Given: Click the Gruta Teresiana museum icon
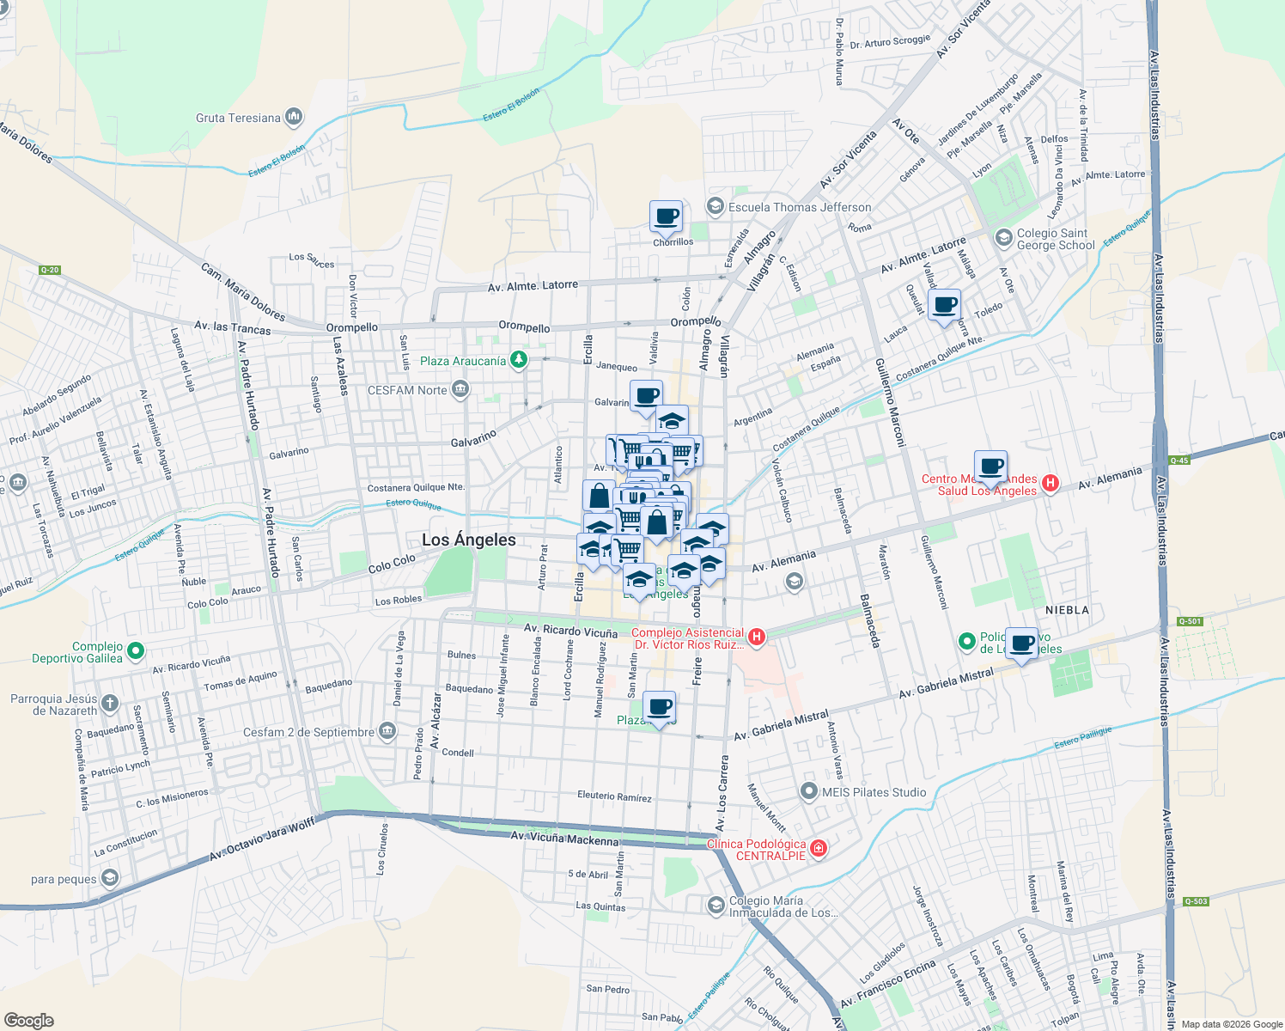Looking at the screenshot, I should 294,116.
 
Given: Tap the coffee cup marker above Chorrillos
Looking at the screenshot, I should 666,217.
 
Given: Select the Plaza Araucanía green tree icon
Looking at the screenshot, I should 518,360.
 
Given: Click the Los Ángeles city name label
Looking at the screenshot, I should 469,540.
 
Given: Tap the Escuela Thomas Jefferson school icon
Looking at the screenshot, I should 715,206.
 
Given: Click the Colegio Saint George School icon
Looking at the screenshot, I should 1002,236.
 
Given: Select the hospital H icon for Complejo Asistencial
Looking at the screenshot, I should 757,637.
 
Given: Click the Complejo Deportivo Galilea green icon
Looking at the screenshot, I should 135,652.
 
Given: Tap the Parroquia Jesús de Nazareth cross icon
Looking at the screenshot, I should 109,704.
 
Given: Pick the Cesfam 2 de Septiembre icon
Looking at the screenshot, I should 387,732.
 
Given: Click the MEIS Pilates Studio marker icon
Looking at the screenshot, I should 808,791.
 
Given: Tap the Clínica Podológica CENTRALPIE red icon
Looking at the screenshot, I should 818,849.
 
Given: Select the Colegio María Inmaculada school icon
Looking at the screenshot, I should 716,905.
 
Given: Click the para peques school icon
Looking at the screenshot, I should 109,878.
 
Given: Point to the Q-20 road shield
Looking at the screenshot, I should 50,270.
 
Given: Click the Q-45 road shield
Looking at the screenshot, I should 1178,461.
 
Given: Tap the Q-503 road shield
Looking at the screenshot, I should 1196,901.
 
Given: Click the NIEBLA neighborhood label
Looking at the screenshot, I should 1067,610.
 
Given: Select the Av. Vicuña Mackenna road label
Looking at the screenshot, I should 564,839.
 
